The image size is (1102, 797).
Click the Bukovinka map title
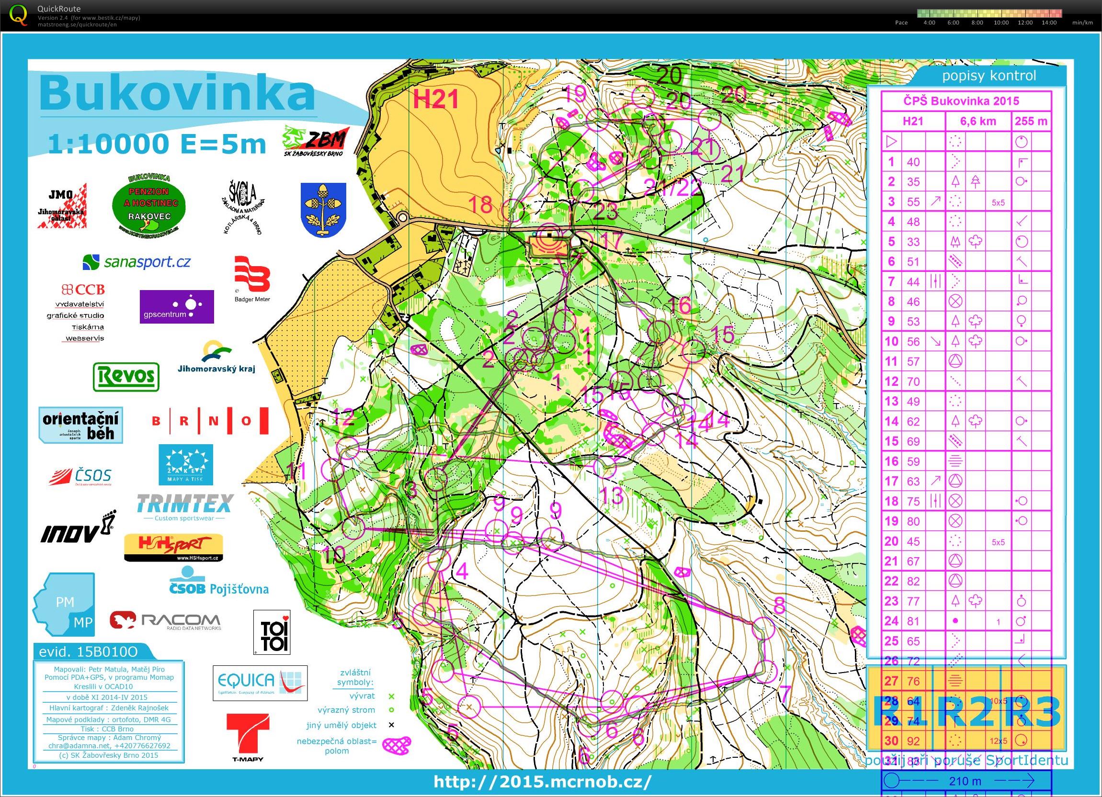coord(177,94)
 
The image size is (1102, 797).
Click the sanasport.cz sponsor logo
coord(136,262)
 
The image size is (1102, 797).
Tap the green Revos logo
coord(126,376)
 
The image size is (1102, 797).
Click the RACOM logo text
coord(180,620)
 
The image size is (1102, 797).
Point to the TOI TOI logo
coord(272,632)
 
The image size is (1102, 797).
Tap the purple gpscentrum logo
coord(176,306)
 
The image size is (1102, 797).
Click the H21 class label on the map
coord(435,100)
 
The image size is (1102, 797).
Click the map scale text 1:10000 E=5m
coord(157,144)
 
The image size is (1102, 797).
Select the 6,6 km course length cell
coord(978,122)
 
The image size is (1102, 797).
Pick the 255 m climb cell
coord(1030,122)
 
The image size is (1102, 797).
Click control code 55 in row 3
coord(913,202)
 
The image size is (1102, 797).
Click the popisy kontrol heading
coord(989,76)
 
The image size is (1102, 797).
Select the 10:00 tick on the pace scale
coord(1001,22)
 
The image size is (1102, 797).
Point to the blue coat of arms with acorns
coord(323,210)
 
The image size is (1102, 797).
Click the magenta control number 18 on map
coord(480,204)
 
